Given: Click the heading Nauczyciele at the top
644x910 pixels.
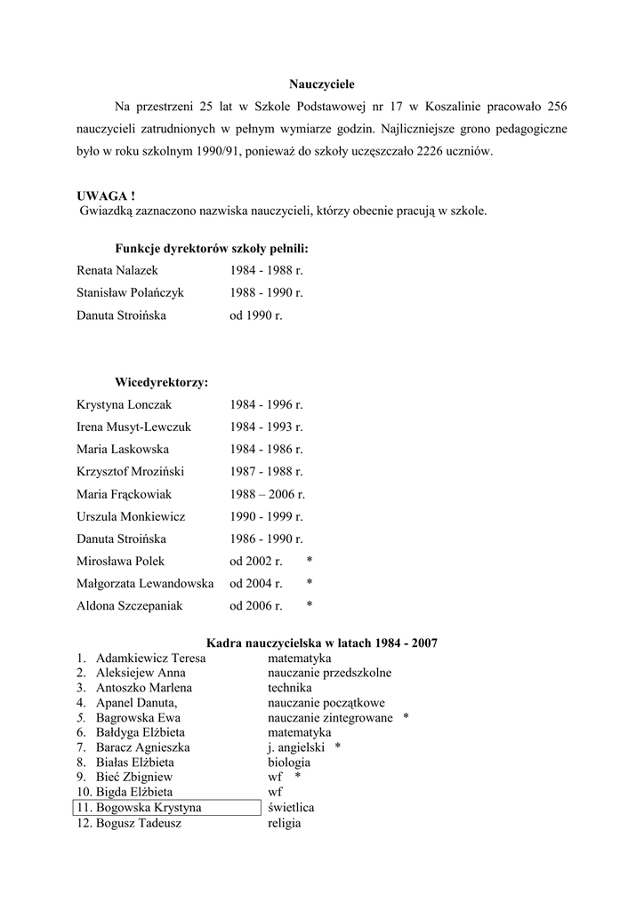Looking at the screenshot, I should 322,84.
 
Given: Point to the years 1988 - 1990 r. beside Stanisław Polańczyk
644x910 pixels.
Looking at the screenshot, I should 266,292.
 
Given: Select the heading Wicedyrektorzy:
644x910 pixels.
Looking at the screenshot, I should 162,383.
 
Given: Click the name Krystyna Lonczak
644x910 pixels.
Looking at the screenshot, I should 124,404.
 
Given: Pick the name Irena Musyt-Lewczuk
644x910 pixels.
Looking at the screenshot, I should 133,427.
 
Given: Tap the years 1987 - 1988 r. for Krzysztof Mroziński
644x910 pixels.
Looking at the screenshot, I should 266,472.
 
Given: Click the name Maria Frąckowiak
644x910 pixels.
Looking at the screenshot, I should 124,494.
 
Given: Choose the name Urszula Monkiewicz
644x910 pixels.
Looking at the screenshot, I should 131,516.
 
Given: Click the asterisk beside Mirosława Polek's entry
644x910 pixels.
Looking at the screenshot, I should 309,562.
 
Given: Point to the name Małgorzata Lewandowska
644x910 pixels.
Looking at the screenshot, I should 145,584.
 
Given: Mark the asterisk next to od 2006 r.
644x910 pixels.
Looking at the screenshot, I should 309,606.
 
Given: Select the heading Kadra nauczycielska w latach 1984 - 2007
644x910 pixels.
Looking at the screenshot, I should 322,643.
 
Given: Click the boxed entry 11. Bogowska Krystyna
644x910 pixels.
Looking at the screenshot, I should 158,808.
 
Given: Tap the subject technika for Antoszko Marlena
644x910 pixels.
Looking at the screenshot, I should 290,688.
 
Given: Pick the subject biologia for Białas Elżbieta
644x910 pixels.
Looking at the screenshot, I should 289,762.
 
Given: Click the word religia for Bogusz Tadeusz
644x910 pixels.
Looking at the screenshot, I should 285,823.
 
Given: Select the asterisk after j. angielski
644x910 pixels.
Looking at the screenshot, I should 338,748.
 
